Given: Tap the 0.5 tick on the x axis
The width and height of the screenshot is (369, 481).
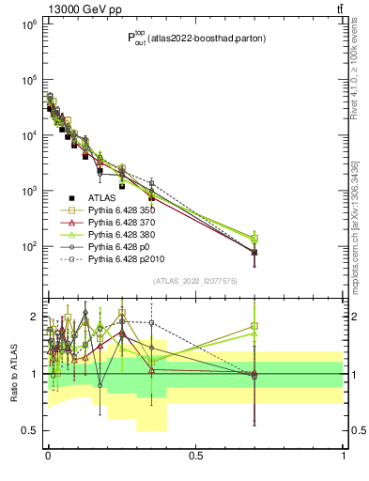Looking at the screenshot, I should click(x=195, y=456).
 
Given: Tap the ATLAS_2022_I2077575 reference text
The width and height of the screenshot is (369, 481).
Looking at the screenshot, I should click(x=195, y=281).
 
